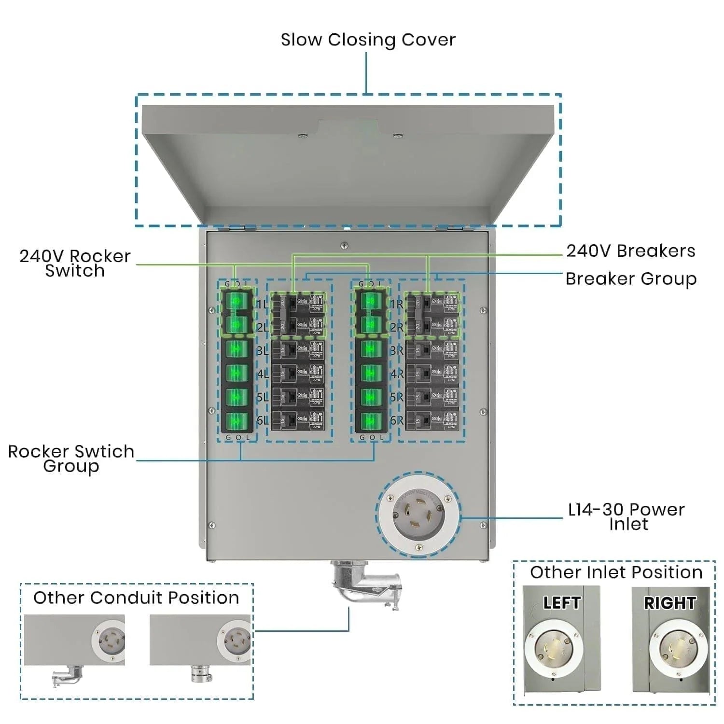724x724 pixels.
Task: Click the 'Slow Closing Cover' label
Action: coord(368,40)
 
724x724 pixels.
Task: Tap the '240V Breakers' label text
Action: coord(630,251)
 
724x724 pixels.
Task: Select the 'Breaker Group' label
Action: coord(630,279)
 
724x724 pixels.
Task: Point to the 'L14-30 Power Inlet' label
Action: coord(626,516)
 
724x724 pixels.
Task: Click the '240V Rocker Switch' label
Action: coord(75,263)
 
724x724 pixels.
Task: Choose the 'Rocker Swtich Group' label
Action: coord(71,459)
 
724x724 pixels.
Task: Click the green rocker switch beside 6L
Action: coord(237,420)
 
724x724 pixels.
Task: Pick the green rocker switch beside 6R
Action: coord(371,420)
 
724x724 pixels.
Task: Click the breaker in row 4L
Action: coord(298,373)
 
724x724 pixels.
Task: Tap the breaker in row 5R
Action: coord(432,396)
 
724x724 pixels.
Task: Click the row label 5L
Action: coord(262,397)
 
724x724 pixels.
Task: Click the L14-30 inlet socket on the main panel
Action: coord(418,515)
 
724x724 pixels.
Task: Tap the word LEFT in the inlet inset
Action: coord(561,603)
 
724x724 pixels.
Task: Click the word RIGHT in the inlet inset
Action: coord(669,603)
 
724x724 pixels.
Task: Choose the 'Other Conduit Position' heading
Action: coord(136,598)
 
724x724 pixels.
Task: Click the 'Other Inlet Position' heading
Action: coord(616,572)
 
